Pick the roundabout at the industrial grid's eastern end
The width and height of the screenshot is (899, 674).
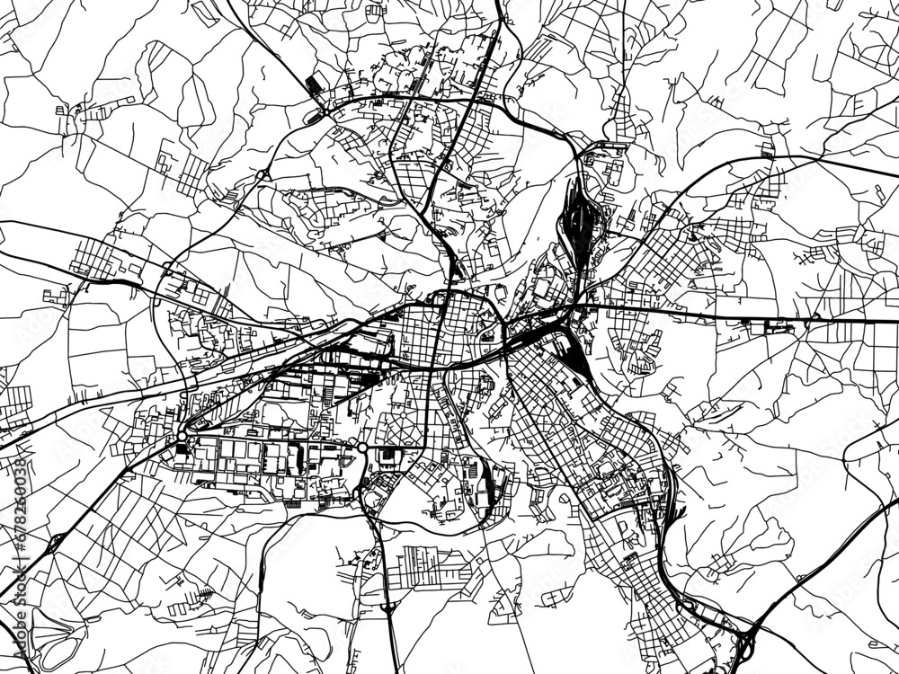click(362, 447)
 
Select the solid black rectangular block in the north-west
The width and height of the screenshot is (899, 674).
click(315, 85)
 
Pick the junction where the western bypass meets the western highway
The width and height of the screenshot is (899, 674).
click(167, 267)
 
